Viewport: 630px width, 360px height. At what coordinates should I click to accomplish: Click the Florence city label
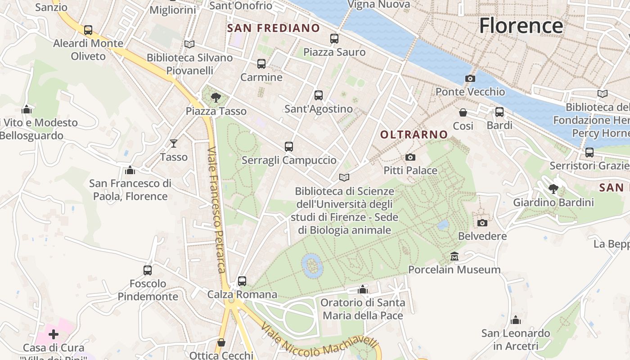521,25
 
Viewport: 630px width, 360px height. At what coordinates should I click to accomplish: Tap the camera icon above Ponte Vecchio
470,79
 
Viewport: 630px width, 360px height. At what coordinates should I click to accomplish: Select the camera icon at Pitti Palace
410,157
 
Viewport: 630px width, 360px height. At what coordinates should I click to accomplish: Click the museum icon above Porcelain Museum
454,256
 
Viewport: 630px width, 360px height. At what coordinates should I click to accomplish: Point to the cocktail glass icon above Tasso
174,144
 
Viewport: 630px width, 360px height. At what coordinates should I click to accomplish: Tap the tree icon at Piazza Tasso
216,97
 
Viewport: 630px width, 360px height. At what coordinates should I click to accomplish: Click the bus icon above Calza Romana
242,281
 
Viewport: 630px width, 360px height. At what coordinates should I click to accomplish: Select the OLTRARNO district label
414,135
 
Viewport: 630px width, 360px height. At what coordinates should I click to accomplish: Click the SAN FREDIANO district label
274,28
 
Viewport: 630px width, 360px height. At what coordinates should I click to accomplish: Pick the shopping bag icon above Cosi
463,112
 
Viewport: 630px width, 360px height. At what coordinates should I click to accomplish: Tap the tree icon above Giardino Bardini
553,189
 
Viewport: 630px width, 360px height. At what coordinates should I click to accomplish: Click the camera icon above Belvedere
482,223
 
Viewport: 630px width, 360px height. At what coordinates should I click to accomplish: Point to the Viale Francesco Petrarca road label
216,209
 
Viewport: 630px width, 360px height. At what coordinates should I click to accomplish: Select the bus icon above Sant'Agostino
319,95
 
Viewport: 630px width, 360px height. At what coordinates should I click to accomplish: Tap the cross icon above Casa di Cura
54,334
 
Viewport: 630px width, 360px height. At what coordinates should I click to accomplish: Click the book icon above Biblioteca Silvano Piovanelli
189,44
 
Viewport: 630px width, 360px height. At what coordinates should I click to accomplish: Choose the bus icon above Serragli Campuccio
289,147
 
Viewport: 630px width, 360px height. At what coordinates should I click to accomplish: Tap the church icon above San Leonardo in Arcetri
516,320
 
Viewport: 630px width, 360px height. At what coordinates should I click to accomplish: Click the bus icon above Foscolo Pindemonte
148,270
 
